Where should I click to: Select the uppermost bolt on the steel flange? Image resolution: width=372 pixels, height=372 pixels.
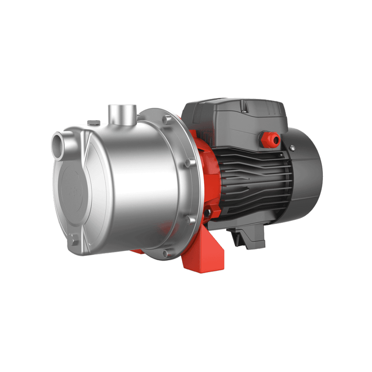click(x=165, y=119)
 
